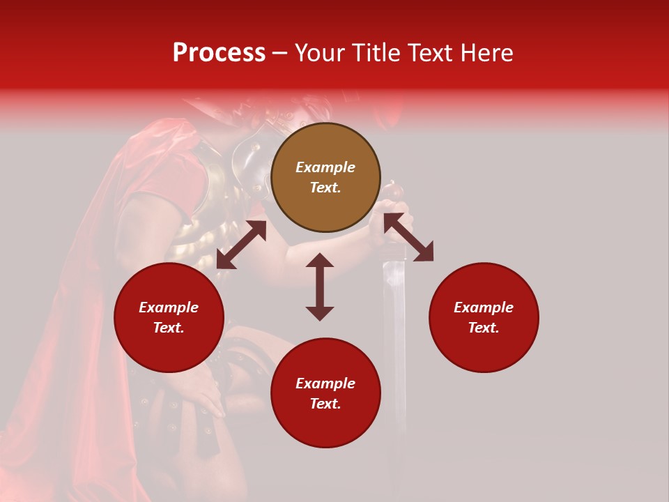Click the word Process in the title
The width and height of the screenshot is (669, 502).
tap(219, 53)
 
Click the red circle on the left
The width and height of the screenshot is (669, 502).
tap(169, 317)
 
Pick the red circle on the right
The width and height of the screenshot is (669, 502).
tap(484, 317)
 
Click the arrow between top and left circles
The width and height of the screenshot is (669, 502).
tap(241, 245)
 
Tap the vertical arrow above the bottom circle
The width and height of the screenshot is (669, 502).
tap(320, 287)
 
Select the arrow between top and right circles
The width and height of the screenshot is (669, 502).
tap(408, 237)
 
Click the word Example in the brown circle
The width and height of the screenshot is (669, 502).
tap(325, 167)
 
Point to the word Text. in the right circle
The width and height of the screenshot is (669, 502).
tap(484, 328)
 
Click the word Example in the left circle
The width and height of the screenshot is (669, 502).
tap(169, 307)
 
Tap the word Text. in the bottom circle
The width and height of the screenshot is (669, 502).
tap(325, 404)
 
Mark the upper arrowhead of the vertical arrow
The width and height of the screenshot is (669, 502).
tap(320, 260)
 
